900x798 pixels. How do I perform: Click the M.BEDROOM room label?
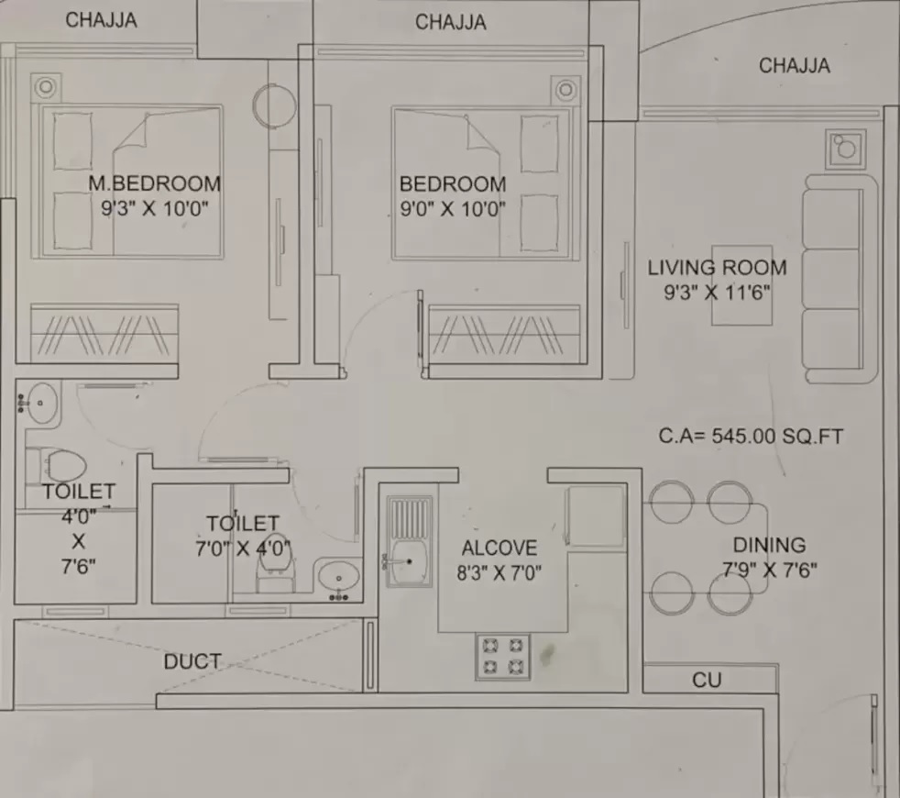coord(154,183)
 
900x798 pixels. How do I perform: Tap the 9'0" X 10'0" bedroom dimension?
coord(453,208)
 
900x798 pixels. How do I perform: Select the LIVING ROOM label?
coord(717,268)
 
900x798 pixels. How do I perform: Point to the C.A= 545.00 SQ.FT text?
coord(751,436)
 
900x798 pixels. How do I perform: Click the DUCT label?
coord(192,661)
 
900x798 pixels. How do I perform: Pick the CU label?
coord(706,681)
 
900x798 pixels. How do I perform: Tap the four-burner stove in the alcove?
coord(502,656)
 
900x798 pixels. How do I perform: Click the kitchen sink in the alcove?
coord(409,541)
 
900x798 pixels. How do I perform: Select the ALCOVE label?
coord(499,549)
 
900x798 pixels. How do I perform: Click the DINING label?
coord(769,545)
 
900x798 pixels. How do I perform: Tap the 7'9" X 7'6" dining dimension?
coord(769,570)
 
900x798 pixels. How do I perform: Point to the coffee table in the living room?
coord(741,285)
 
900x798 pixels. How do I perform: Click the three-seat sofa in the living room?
coord(840,279)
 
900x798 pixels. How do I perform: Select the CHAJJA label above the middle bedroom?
coord(451,22)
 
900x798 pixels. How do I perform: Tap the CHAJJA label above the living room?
coord(795,65)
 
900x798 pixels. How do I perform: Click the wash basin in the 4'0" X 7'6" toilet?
coord(39,403)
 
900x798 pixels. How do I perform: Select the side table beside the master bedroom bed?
coord(46,88)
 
